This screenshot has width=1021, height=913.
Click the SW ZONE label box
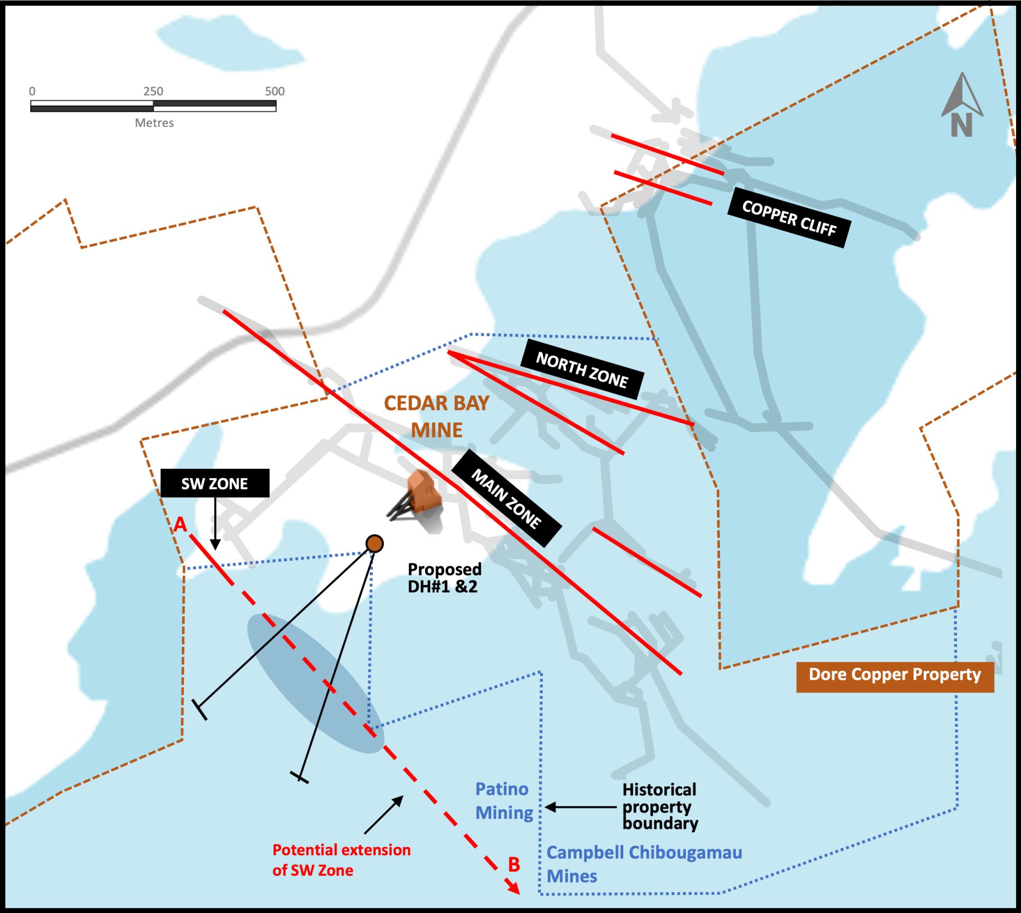coord(215,483)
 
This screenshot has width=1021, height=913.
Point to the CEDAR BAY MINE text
coord(437,416)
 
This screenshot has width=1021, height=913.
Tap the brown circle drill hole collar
coord(374,543)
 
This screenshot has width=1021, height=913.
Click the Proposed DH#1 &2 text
coord(444,577)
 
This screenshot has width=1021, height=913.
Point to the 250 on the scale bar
coord(153,91)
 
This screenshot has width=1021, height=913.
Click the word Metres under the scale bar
coord(154,123)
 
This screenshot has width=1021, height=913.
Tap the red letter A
coord(180,525)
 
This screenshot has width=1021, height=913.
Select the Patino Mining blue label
coord(504,800)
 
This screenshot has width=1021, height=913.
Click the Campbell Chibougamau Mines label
coord(644,864)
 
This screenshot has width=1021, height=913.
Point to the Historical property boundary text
coord(660,806)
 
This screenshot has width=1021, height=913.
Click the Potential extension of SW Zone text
coord(341,860)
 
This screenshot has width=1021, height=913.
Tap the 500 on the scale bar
coord(275,91)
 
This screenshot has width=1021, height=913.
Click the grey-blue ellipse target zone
coord(315,683)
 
